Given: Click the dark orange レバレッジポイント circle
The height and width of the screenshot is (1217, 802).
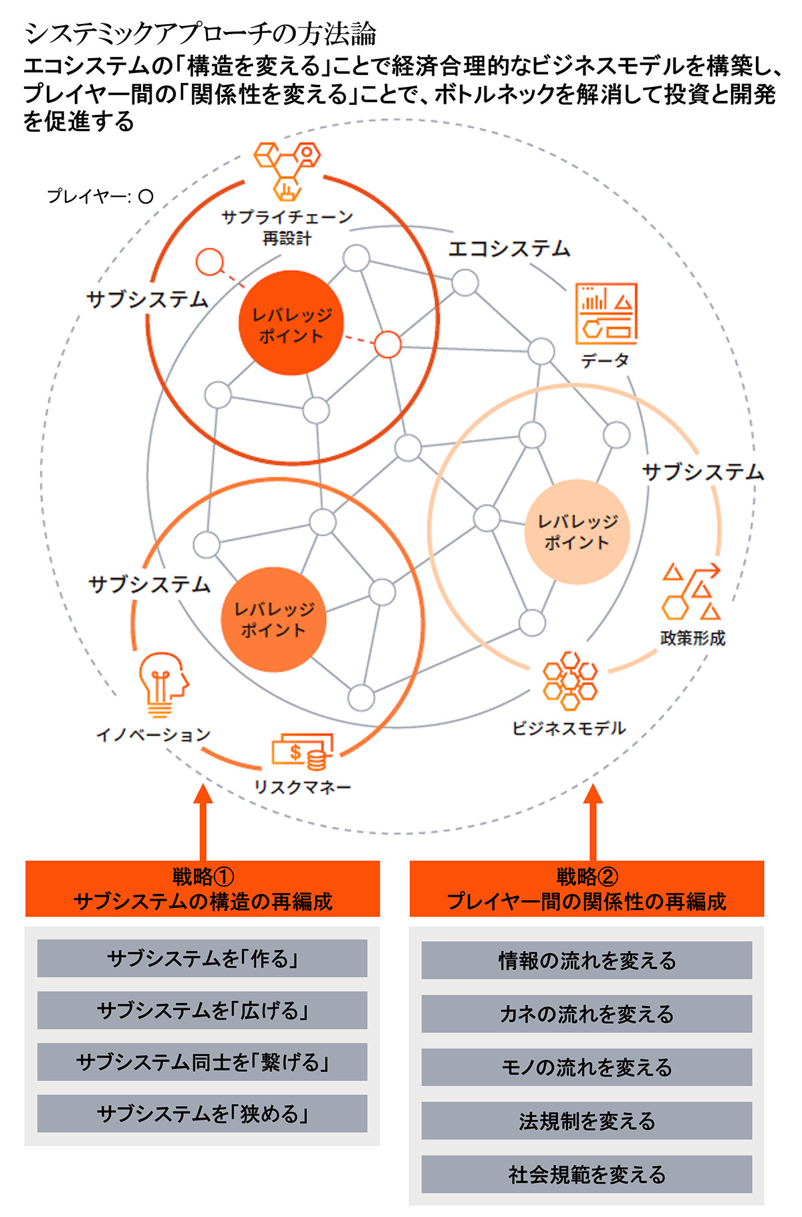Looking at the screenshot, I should tap(291, 323).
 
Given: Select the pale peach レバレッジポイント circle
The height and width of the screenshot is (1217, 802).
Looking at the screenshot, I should tap(576, 532).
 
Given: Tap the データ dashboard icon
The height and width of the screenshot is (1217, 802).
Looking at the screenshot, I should tap(606, 314).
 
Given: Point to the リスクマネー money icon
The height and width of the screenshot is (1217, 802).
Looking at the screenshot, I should tap(302, 752).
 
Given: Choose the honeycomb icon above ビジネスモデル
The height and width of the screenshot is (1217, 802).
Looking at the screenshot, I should tap(569, 680).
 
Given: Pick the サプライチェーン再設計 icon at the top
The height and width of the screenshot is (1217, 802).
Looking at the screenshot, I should tap(287, 170).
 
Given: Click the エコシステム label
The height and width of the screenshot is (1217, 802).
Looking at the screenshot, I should tap(509, 249).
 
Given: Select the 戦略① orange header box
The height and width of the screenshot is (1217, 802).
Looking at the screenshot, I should tap(203, 889).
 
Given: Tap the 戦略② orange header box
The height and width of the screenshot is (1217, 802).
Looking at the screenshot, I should tap(586, 889).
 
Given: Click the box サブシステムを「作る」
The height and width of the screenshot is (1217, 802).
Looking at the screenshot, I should tap(202, 958).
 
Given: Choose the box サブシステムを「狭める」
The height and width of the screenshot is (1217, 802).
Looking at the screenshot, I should tap(202, 1113).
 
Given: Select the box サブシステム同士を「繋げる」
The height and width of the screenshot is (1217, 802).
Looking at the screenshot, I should tap(202, 1062).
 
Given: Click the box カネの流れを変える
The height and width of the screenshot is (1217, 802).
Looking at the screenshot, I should tap(586, 1014).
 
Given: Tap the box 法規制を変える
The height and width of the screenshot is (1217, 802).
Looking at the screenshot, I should tap(586, 1121).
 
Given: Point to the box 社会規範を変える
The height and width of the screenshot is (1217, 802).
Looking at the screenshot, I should tap(586, 1174).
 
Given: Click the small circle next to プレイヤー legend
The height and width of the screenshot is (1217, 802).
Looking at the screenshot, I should tap(146, 197).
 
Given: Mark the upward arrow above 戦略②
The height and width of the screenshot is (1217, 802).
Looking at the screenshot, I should tap(593, 822).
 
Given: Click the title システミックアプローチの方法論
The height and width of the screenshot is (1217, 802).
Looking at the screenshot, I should tap(200, 33).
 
